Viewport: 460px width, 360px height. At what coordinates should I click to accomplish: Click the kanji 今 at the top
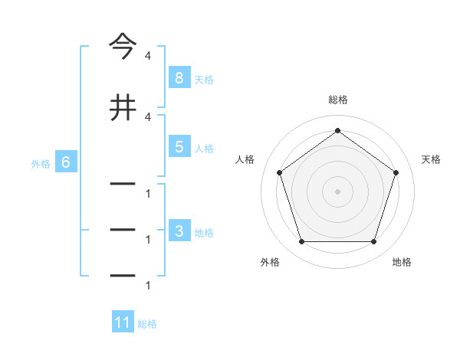click(123, 47)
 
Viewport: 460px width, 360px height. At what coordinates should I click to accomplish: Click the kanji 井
click(123, 107)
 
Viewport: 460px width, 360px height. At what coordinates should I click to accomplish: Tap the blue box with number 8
click(179, 78)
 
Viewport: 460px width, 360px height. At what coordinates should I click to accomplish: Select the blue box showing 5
click(179, 147)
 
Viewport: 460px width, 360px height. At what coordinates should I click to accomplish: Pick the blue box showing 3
click(179, 232)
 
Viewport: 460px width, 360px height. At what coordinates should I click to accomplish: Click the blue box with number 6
click(66, 162)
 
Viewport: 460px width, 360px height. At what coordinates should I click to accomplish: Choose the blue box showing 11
click(123, 323)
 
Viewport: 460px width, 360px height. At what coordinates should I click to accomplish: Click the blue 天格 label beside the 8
click(204, 79)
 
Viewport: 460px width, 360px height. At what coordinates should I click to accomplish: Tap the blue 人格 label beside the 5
click(204, 148)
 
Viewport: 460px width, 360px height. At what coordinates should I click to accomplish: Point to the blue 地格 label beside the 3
click(204, 233)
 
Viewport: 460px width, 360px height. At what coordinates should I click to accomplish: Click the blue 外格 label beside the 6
click(41, 163)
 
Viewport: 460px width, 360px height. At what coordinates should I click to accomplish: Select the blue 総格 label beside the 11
click(147, 324)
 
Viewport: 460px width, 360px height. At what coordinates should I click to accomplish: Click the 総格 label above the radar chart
click(337, 100)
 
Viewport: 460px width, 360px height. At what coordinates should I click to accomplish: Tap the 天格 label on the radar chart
click(431, 159)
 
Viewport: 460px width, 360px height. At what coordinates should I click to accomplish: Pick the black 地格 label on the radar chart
click(402, 262)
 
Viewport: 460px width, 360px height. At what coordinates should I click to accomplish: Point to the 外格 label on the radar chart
click(270, 262)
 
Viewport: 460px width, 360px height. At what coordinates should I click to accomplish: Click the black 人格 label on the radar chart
click(245, 159)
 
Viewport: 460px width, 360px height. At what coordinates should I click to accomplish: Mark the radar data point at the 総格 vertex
click(337, 131)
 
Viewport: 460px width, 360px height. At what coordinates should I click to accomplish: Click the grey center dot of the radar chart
click(337, 191)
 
